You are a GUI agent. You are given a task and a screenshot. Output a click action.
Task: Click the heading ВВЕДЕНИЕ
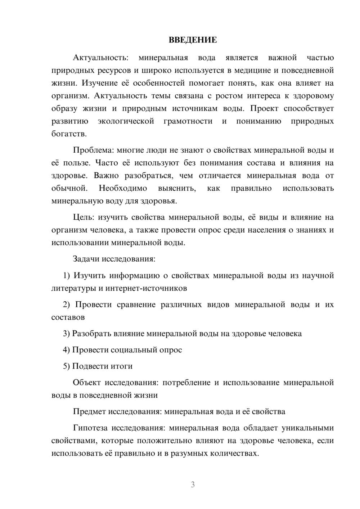[193, 40]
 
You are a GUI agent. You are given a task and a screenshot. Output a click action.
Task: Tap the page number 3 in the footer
[193, 485]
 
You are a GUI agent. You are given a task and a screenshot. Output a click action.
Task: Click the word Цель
[84, 217]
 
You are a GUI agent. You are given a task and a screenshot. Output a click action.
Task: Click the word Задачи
[86, 259]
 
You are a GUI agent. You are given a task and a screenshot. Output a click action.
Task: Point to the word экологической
[126, 121]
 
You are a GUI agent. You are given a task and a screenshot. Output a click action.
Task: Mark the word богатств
[69, 134]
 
